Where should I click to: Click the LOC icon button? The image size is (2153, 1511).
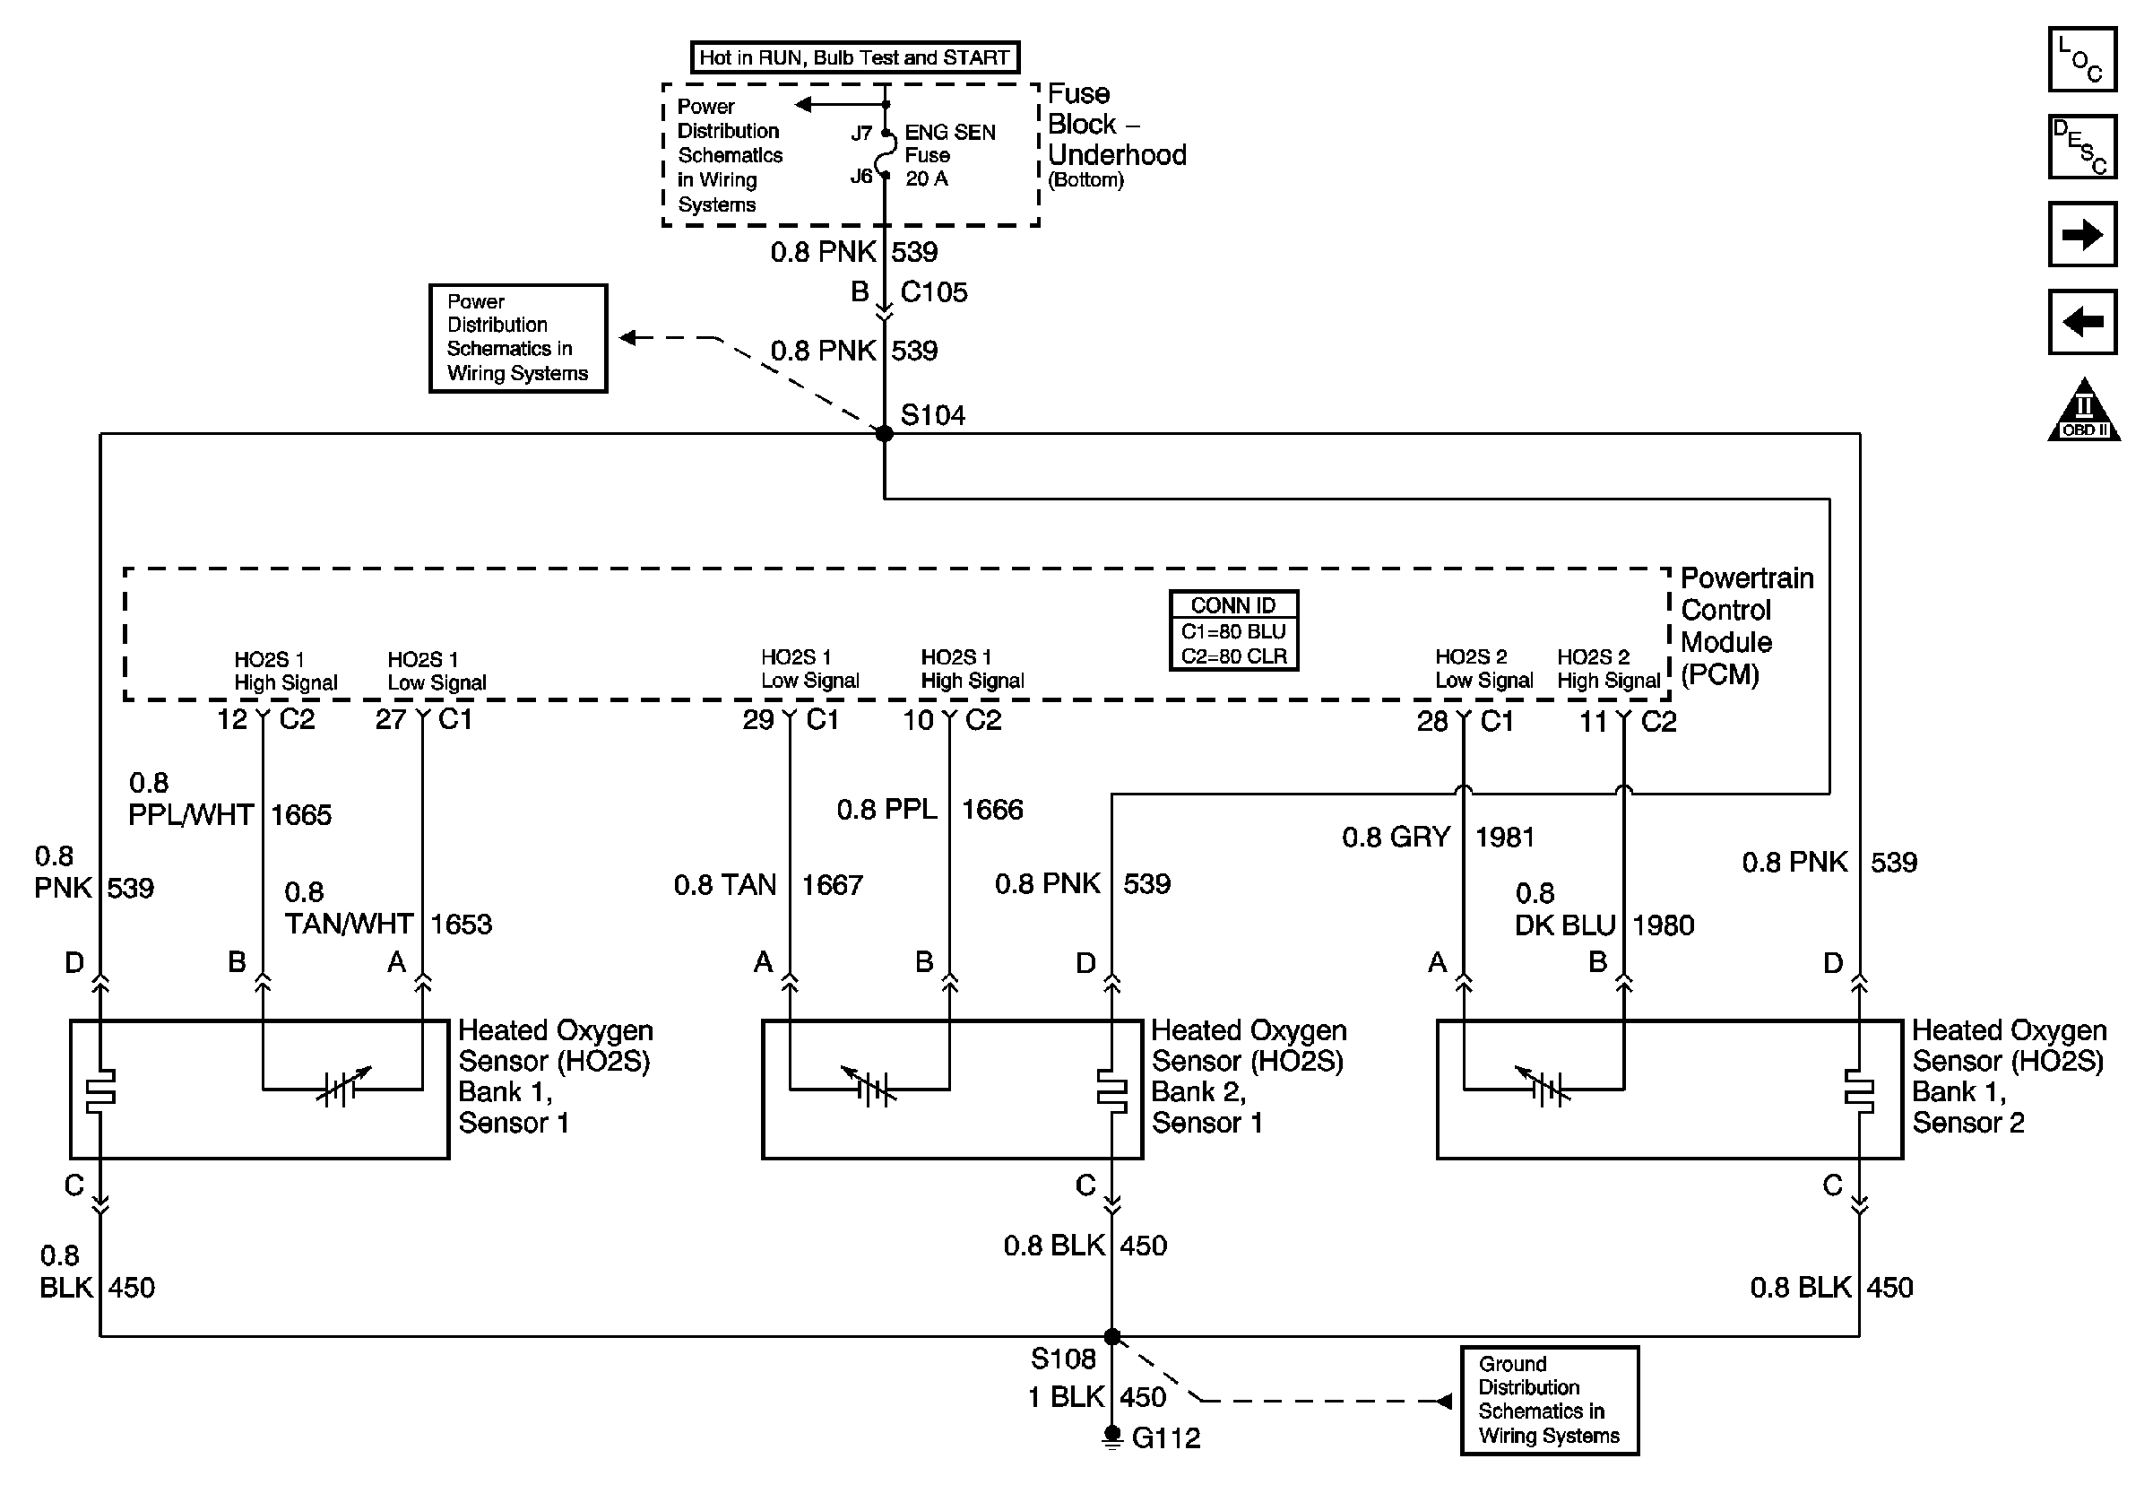[x=2081, y=59]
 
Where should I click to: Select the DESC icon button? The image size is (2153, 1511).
[x=2081, y=146]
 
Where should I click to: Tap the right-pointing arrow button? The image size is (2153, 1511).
[x=2081, y=233]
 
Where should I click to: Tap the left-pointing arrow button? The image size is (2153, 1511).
[x=2081, y=322]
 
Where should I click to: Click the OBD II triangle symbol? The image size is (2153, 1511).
[x=2084, y=412]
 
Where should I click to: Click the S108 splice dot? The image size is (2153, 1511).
[x=1112, y=1335]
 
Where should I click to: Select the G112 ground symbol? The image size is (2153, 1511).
[x=1112, y=1437]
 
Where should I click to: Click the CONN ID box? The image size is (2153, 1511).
[x=1233, y=630]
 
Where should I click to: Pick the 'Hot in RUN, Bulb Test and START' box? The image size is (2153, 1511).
[x=854, y=57]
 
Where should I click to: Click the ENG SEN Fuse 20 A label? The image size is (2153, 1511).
[x=949, y=155]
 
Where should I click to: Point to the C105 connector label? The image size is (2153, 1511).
[x=933, y=292]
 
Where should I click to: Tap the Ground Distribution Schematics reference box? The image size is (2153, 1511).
[x=1549, y=1400]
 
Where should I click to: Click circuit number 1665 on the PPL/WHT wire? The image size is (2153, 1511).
[x=301, y=814]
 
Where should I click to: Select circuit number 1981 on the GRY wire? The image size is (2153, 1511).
[x=1504, y=837]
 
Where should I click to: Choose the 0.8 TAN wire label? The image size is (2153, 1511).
[x=725, y=884]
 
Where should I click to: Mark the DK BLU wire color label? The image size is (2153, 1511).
[x=1564, y=925]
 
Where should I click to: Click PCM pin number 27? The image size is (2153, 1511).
[x=390, y=719]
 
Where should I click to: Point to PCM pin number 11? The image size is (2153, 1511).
[x=1593, y=721]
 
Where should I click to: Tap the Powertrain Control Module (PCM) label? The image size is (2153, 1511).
[x=1746, y=626]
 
